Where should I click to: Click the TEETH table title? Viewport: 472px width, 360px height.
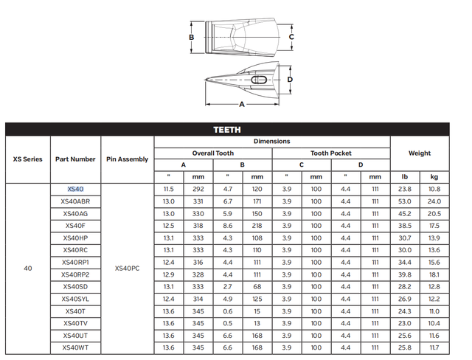pos(226,129)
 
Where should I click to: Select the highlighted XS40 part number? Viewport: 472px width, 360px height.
pos(76,190)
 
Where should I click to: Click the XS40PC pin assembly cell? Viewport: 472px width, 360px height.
pos(127,269)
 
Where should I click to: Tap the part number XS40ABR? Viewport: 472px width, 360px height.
pos(76,201)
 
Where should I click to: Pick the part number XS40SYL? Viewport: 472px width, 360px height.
pos(76,299)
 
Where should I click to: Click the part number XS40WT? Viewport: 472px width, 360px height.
pos(76,347)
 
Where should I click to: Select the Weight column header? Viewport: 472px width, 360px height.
pos(419,153)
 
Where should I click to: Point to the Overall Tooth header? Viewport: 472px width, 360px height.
pos(213,153)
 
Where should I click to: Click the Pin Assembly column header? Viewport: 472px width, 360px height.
pos(127,159)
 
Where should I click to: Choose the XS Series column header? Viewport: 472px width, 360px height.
pos(28,159)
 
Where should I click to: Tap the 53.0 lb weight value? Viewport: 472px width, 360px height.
pos(404,201)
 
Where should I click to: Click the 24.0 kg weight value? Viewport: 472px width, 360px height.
pos(434,201)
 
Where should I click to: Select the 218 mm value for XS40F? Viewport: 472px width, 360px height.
pos(257,226)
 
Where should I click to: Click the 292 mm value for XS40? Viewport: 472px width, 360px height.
pos(198,190)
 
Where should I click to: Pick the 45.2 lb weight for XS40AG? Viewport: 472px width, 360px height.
pos(404,214)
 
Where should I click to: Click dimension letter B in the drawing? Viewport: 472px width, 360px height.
pos(191,37)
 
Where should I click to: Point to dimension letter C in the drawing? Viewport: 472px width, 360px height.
pos(291,36)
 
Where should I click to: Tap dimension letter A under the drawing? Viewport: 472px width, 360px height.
pos(241,104)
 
